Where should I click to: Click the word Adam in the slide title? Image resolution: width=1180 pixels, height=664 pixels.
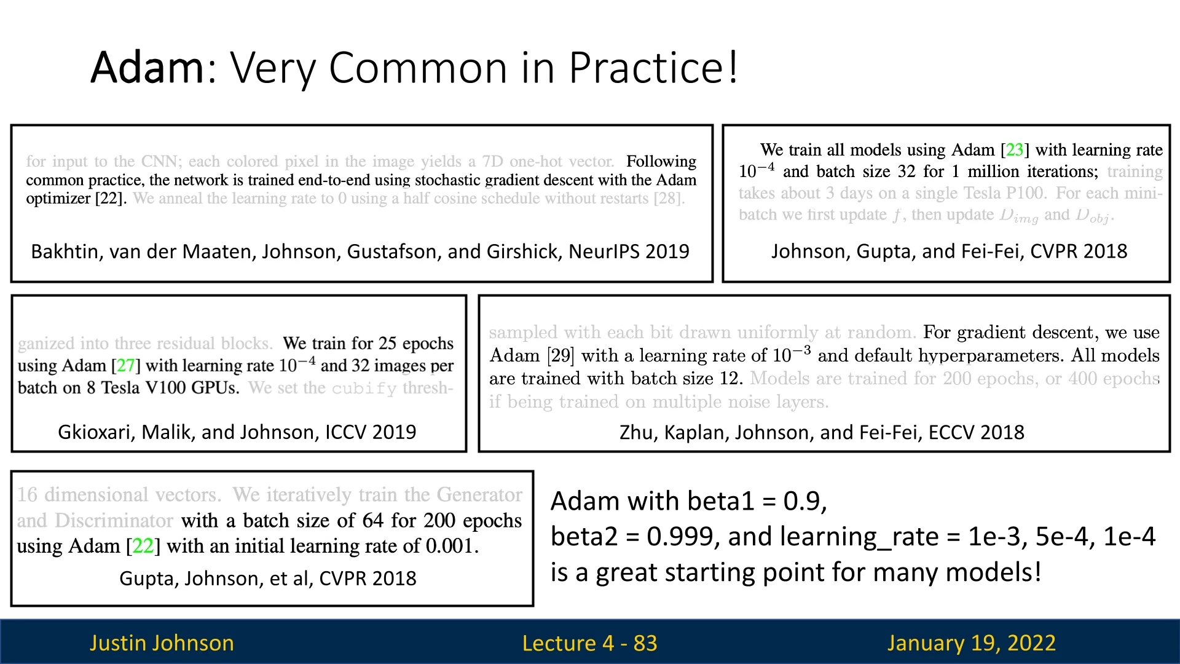(x=147, y=67)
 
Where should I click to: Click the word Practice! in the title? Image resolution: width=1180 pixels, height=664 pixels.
(x=653, y=67)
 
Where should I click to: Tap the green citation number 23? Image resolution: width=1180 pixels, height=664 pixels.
(x=1015, y=149)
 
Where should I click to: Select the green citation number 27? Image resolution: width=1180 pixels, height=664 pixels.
(x=125, y=365)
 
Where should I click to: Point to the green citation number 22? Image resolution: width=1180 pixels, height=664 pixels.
(x=143, y=546)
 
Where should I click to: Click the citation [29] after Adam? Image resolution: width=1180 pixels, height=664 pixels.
(x=560, y=355)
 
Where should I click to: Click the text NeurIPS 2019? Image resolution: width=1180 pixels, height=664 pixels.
(x=629, y=251)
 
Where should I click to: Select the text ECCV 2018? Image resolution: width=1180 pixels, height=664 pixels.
(x=977, y=432)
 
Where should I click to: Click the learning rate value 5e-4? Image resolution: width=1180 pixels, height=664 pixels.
(x=1061, y=536)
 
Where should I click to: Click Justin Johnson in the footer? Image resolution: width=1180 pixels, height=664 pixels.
(x=162, y=643)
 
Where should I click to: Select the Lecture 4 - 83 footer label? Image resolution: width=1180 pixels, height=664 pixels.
(x=589, y=643)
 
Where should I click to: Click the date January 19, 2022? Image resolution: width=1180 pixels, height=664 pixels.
(x=971, y=643)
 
